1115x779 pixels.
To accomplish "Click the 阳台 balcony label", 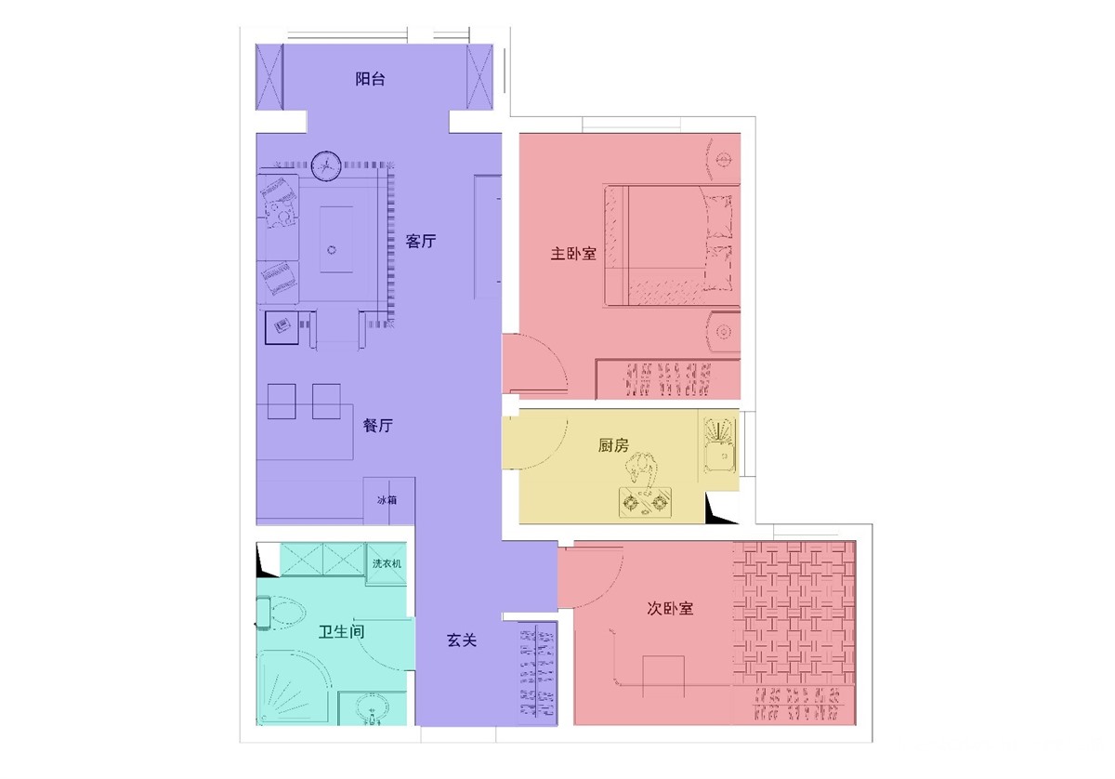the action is [370, 79].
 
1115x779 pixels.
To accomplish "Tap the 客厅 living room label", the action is [421, 241].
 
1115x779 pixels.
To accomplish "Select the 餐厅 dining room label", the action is [378, 426].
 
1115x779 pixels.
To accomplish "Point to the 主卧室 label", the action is [573, 254].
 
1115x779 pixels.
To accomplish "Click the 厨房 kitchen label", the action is [613, 444].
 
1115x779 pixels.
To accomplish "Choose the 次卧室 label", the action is [670, 608].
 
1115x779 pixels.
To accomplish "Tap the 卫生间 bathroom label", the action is [342, 631].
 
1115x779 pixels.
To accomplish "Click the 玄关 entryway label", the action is [462, 640].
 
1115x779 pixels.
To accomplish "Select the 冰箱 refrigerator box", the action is [388, 500].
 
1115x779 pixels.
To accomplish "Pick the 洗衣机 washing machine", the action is [387, 563].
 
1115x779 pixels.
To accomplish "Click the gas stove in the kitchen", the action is [645, 503].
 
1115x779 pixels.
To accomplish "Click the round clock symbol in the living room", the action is [326, 165].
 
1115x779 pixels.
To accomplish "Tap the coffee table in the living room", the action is [336, 240].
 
